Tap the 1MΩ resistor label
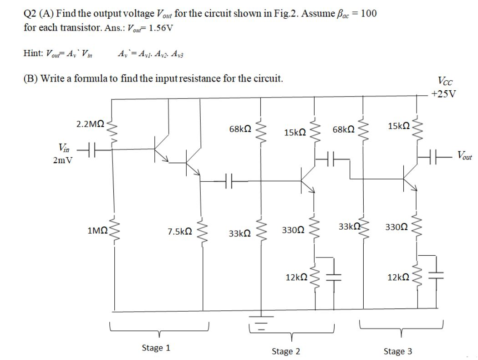(x=97, y=231)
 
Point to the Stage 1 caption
(x=156, y=348)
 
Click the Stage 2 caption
(x=285, y=351)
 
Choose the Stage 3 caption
(x=398, y=351)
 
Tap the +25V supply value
(x=444, y=94)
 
